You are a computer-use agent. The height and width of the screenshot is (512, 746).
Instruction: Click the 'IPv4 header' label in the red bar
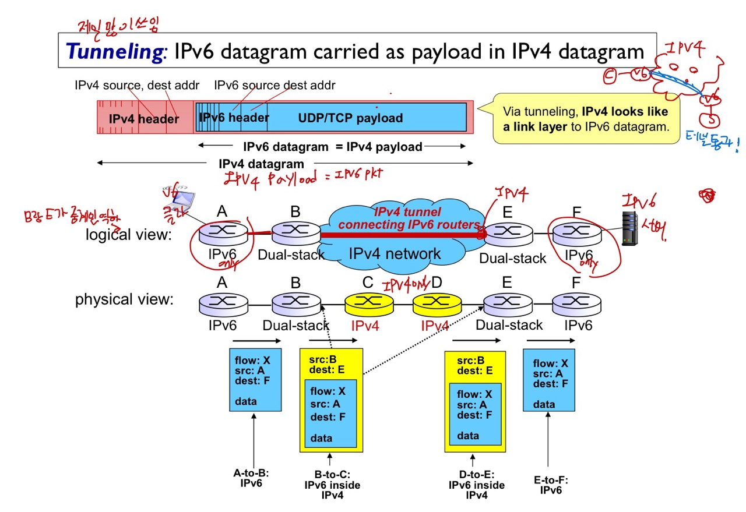pyautogui.click(x=144, y=119)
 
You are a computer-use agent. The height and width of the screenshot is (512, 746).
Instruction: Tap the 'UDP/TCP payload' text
pyautogui.click(x=350, y=118)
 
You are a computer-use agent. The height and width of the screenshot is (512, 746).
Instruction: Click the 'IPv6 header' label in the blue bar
pyautogui.click(x=234, y=118)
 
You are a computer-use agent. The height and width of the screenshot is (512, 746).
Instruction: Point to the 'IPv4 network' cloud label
pyautogui.click(x=395, y=253)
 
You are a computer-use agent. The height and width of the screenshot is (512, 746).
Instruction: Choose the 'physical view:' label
pyautogui.click(x=124, y=299)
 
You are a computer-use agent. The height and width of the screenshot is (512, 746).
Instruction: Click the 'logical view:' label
pyautogui.click(x=129, y=234)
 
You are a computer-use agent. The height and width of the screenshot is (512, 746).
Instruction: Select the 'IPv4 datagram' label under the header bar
pyautogui.click(x=261, y=164)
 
